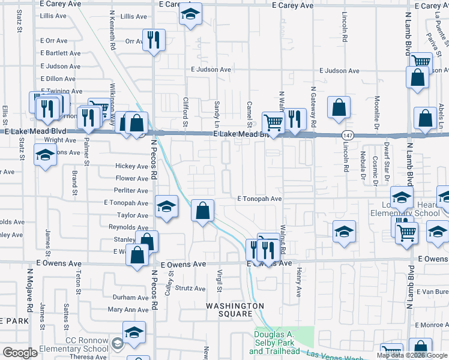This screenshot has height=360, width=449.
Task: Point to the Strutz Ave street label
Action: click(191, 288)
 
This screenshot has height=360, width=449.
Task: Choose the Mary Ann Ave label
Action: click(128, 310)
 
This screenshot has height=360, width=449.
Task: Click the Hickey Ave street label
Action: click(131, 166)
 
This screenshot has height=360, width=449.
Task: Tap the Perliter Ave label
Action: click(131, 191)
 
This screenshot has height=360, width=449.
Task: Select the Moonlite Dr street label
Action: click(377, 113)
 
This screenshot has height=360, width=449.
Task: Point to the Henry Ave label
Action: click(299, 283)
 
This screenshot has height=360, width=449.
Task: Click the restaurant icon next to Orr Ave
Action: click(154, 40)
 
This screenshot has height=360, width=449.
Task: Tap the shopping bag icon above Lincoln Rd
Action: click(339, 107)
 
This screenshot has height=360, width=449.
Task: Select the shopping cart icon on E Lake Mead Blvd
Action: click(273, 122)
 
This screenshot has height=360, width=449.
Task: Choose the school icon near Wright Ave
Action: click(45, 156)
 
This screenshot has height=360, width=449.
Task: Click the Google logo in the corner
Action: click(20, 352)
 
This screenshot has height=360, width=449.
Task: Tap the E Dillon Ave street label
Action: click(60, 79)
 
